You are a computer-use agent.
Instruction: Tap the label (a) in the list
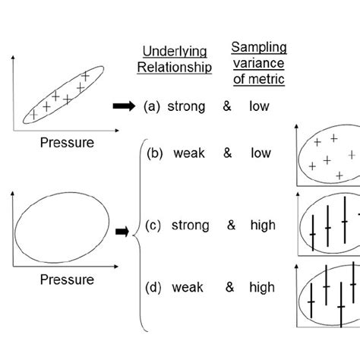[151, 107]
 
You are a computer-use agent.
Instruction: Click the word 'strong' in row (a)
[186, 107]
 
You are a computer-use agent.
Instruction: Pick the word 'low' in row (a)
[259, 107]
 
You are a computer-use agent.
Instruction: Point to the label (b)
[156, 154]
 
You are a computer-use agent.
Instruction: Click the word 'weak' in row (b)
[189, 154]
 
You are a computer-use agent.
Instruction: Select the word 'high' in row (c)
[261, 226]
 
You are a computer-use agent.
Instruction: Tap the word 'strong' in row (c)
[191, 226]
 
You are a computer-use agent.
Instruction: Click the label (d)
[155, 287]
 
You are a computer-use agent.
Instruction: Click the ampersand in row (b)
[227, 154]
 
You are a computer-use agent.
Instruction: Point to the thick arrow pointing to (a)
[124, 107]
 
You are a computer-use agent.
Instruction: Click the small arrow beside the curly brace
[121, 231]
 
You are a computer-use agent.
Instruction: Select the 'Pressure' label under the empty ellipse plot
[68, 279]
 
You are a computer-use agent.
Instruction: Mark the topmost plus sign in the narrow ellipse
[86, 77]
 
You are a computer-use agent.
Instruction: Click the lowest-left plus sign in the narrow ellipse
[33, 115]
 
